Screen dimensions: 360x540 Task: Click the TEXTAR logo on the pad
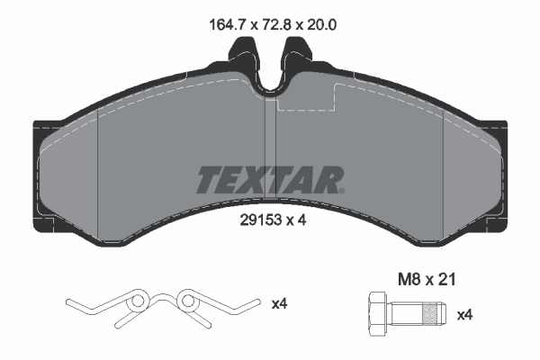[268, 180]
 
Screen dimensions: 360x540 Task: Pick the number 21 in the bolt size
[448, 281]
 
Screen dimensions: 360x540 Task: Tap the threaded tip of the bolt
[436, 314]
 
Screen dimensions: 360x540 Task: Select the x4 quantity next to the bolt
[465, 315]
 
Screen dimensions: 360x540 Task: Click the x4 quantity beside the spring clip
[280, 305]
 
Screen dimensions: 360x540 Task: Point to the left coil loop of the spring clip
[137, 300]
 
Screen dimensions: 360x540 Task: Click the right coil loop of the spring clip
[188, 300]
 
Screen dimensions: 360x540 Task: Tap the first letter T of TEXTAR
[205, 180]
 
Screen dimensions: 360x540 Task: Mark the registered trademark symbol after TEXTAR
[340, 190]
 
